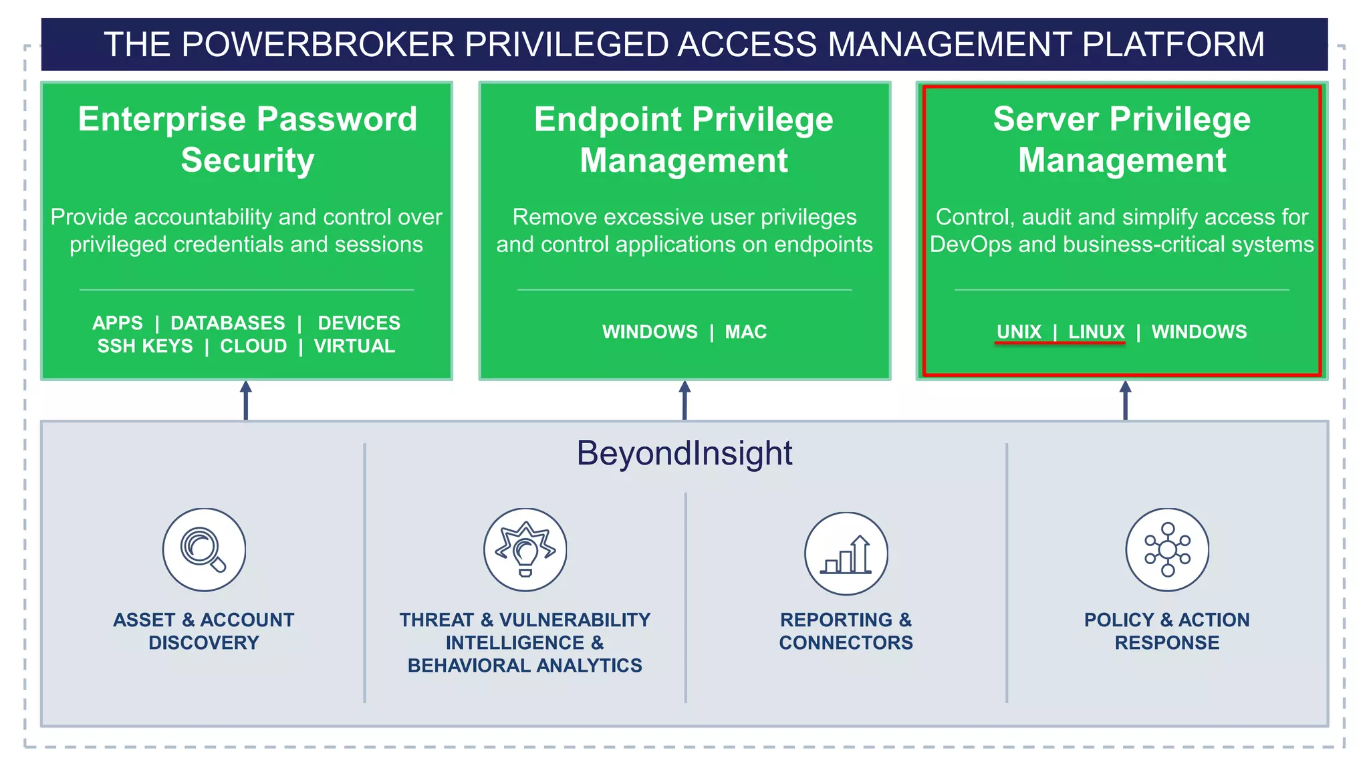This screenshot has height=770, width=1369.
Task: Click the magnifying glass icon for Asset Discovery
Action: [x=204, y=549]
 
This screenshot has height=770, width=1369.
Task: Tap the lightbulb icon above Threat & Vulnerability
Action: [x=525, y=549]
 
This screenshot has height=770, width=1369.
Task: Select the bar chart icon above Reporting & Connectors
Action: [x=846, y=554]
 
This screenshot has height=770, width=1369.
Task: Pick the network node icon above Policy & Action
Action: [x=1167, y=549]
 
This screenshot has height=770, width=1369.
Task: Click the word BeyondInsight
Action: [x=684, y=453]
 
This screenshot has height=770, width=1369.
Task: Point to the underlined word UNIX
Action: [x=1019, y=332]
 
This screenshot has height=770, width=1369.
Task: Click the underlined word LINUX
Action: [x=1096, y=332]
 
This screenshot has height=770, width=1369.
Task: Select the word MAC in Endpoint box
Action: [x=746, y=332]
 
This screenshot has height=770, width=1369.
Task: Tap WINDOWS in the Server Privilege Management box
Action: [x=1199, y=332]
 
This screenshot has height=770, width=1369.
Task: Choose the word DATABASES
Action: [x=228, y=323]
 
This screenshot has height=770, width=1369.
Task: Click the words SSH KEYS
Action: [x=145, y=346]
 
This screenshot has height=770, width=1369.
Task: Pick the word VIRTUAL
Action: [x=355, y=346]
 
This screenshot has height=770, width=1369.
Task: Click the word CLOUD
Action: [x=253, y=346]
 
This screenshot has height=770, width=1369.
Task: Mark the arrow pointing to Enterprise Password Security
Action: [x=246, y=400]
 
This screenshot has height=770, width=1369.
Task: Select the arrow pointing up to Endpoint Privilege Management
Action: [x=684, y=400]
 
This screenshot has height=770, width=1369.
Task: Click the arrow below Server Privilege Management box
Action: [x=1126, y=400]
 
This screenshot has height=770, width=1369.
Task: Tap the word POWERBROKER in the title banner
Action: [x=318, y=45]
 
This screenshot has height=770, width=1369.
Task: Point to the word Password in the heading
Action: [x=337, y=119]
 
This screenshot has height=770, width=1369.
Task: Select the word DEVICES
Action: [x=359, y=323]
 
